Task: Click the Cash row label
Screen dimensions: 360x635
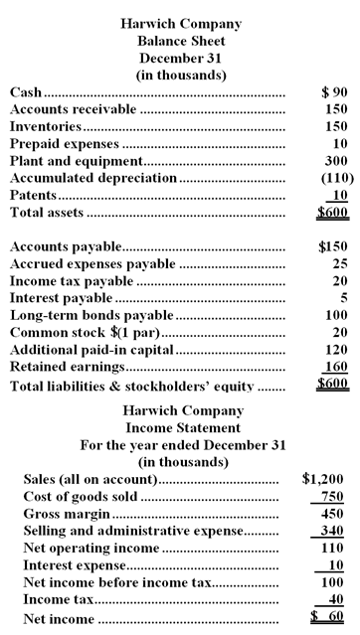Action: tap(26, 92)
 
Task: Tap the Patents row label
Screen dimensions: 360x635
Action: tap(34, 196)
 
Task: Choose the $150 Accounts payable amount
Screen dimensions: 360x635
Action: tap(331, 245)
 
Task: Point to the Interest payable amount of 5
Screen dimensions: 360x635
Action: tap(343, 297)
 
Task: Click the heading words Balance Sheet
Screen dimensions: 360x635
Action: tap(181, 41)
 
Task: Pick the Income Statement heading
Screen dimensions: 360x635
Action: tap(181, 427)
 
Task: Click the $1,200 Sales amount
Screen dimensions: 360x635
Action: tap(324, 479)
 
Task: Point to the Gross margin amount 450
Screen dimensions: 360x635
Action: tap(330, 514)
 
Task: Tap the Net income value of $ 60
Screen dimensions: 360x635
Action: tap(327, 619)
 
